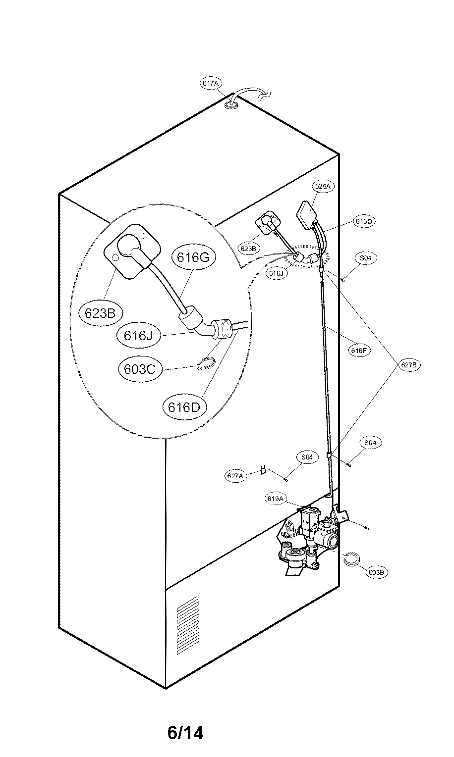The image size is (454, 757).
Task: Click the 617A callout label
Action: [x=210, y=83]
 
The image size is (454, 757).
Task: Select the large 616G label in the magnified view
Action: [x=187, y=257]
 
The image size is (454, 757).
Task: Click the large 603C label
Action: [x=140, y=369]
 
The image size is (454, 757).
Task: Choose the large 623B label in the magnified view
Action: [x=101, y=313]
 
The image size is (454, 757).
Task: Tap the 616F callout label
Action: [x=358, y=351]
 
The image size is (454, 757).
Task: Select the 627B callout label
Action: [x=410, y=365]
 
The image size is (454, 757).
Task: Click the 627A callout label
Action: [x=236, y=476]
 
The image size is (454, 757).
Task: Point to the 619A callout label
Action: [x=275, y=499]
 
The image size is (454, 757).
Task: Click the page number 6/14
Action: [x=185, y=732]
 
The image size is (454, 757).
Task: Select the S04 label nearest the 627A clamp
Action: [x=307, y=457]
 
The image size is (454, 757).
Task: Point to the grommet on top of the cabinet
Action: [x=231, y=104]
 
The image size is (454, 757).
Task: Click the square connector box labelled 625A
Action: [x=309, y=213]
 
